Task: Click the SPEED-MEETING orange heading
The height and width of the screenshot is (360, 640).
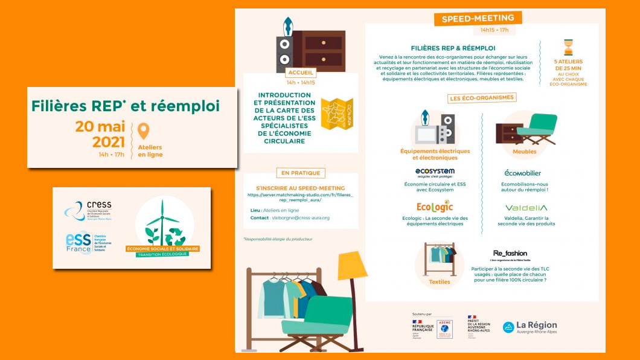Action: click(x=478, y=19)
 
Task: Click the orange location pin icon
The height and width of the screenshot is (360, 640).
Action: click(x=143, y=131)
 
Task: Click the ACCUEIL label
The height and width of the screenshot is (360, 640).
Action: click(x=301, y=72)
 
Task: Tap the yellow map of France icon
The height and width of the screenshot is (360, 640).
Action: click(x=336, y=114)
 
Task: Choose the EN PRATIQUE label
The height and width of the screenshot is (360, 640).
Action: click(x=300, y=173)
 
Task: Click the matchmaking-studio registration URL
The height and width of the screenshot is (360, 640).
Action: click(x=300, y=198)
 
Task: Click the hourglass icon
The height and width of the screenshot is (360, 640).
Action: click(x=568, y=47)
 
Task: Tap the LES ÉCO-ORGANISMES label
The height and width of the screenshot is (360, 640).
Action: click(x=482, y=97)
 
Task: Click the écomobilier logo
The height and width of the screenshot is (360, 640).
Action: click(x=523, y=173)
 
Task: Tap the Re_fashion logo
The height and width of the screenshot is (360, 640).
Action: click(x=510, y=254)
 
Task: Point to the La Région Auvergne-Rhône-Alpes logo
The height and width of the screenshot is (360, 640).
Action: click(x=530, y=327)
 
